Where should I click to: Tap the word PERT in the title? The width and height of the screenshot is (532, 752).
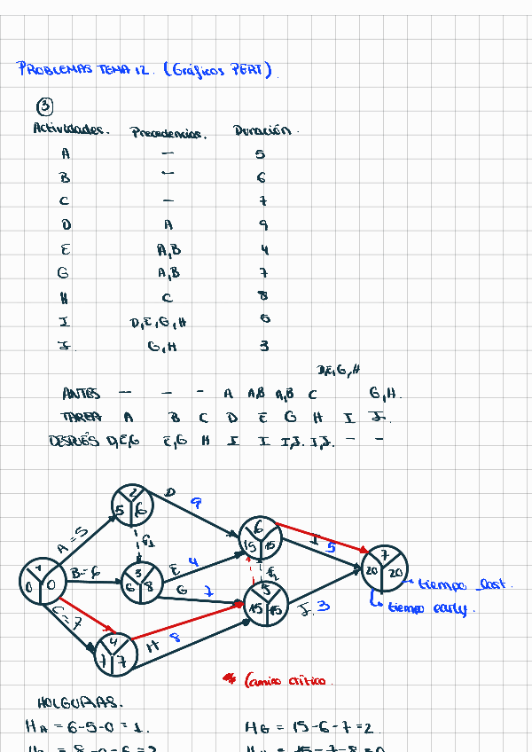[x=251, y=71]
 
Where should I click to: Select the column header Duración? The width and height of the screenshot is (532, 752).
[x=262, y=131]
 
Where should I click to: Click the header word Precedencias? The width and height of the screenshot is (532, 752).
[x=168, y=134]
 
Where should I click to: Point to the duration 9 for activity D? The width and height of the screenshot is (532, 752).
[x=263, y=226]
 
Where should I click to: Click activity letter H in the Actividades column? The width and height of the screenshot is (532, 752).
[x=65, y=296]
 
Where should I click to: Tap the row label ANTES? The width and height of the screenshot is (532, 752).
[x=82, y=394]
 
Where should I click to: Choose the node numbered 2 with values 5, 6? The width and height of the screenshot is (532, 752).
[x=133, y=504]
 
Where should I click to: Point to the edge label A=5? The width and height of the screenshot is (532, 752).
[x=72, y=539]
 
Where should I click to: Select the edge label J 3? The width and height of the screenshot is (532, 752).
[x=317, y=607]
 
